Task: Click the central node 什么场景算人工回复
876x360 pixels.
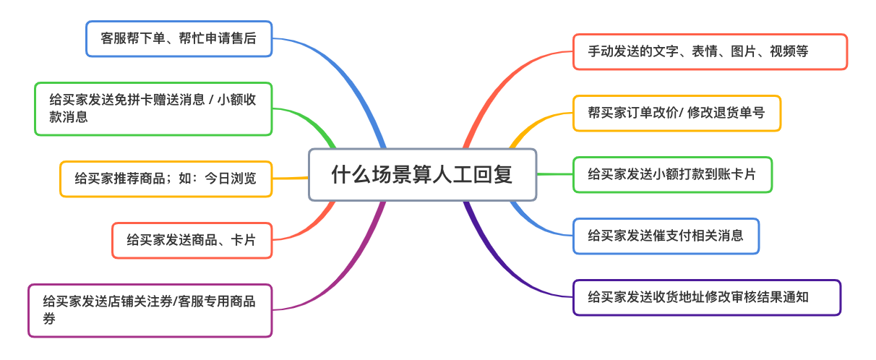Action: (422, 175)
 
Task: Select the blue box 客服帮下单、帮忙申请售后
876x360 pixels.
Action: (179, 39)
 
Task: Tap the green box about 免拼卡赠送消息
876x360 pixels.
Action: (153, 108)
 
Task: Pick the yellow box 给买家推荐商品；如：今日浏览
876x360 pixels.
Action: (166, 179)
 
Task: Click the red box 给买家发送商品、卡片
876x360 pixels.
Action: (192, 240)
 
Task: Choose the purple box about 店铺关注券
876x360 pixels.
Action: (150, 310)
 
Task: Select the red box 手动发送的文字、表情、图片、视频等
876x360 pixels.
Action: (709, 51)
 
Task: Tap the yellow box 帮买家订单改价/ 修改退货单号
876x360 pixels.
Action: (677, 113)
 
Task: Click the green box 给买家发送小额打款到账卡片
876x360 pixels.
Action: (672, 174)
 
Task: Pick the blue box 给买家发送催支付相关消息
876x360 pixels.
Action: (666, 236)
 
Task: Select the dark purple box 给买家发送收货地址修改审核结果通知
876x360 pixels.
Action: (706, 297)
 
